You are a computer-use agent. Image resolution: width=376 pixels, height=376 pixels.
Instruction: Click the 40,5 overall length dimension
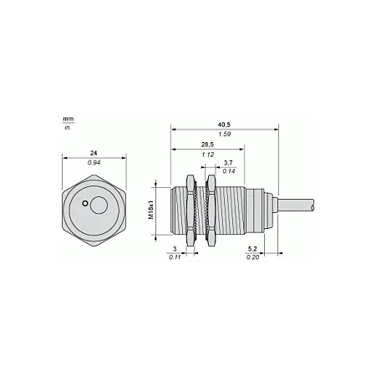tap(224, 124)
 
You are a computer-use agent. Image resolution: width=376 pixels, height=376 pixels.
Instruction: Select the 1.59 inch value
tap(225, 134)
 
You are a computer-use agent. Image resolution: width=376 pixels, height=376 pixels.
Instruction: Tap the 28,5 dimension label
tap(207, 145)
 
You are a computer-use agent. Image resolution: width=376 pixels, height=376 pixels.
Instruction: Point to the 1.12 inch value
tap(208, 155)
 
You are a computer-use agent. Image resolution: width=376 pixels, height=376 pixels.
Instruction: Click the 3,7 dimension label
tap(228, 163)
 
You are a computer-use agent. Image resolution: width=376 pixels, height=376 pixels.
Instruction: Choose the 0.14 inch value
tap(229, 171)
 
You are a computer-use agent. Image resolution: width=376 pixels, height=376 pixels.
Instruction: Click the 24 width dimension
tap(94, 153)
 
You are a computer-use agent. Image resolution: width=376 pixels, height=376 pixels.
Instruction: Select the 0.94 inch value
tap(94, 162)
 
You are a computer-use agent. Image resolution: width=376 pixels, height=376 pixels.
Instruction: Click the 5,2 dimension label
tap(252, 249)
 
